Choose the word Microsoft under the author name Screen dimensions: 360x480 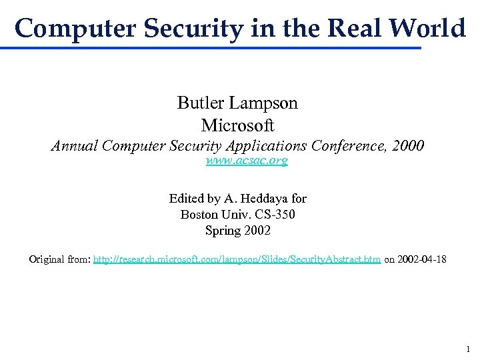pos(237,125)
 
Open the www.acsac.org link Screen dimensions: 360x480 pos(247,161)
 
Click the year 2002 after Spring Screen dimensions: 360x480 pos(257,231)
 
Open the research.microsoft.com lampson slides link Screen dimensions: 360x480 pos(237,259)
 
